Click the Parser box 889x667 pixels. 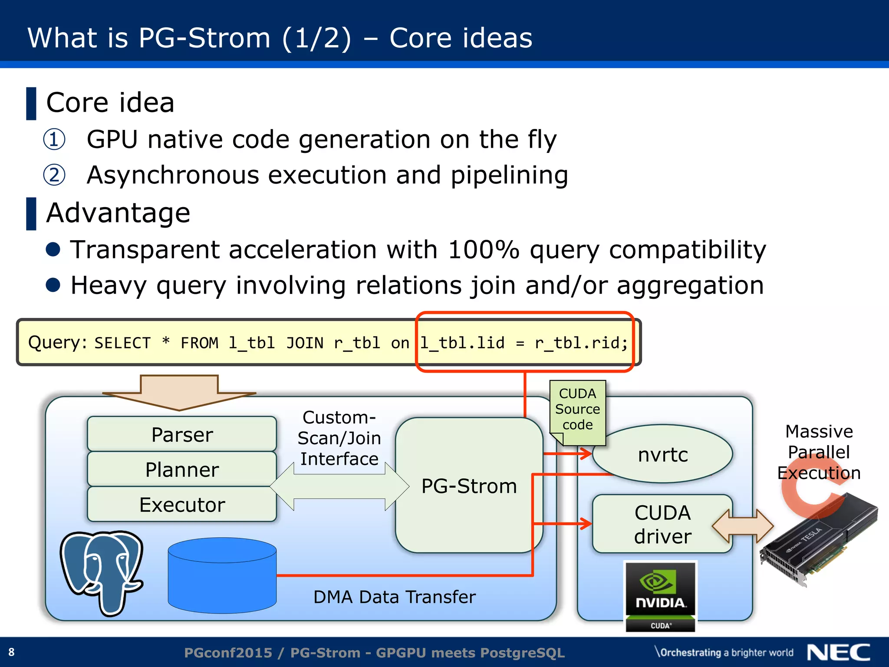tap(182, 434)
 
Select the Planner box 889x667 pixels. tap(182, 469)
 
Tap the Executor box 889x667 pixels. tap(182, 505)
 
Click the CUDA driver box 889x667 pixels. tap(662, 524)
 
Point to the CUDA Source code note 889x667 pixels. tap(577, 409)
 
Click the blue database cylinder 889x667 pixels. tap(222, 575)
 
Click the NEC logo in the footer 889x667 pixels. tap(838, 652)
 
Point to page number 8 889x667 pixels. tap(11, 652)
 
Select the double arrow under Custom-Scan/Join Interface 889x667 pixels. tap(339, 486)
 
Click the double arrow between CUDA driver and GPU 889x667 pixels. tap(743, 526)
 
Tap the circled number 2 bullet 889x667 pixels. tap(54, 175)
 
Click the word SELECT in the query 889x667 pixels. tap(122, 343)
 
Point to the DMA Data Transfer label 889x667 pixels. tap(394, 597)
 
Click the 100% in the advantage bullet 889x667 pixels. tap(483, 250)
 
